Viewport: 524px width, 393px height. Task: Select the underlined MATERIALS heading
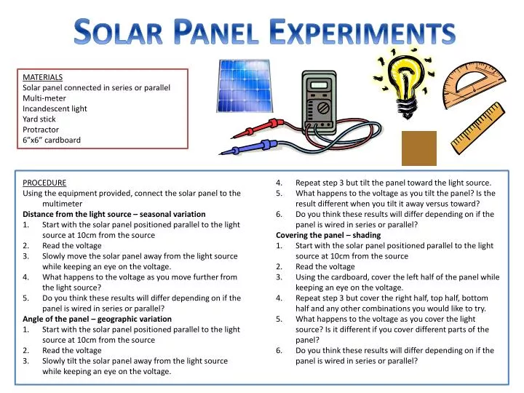[x=42, y=76]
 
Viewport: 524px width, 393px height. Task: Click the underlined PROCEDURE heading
[x=44, y=183]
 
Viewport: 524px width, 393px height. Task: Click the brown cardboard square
[x=418, y=148]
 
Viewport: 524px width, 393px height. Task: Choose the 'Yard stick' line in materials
[x=39, y=119]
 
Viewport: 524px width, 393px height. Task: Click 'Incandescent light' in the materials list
[x=55, y=108]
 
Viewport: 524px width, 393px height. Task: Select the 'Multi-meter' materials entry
[x=44, y=98]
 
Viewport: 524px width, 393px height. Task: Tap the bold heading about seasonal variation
[x=114, y=214]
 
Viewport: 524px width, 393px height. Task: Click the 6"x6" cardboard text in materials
[x=52, y=140]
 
